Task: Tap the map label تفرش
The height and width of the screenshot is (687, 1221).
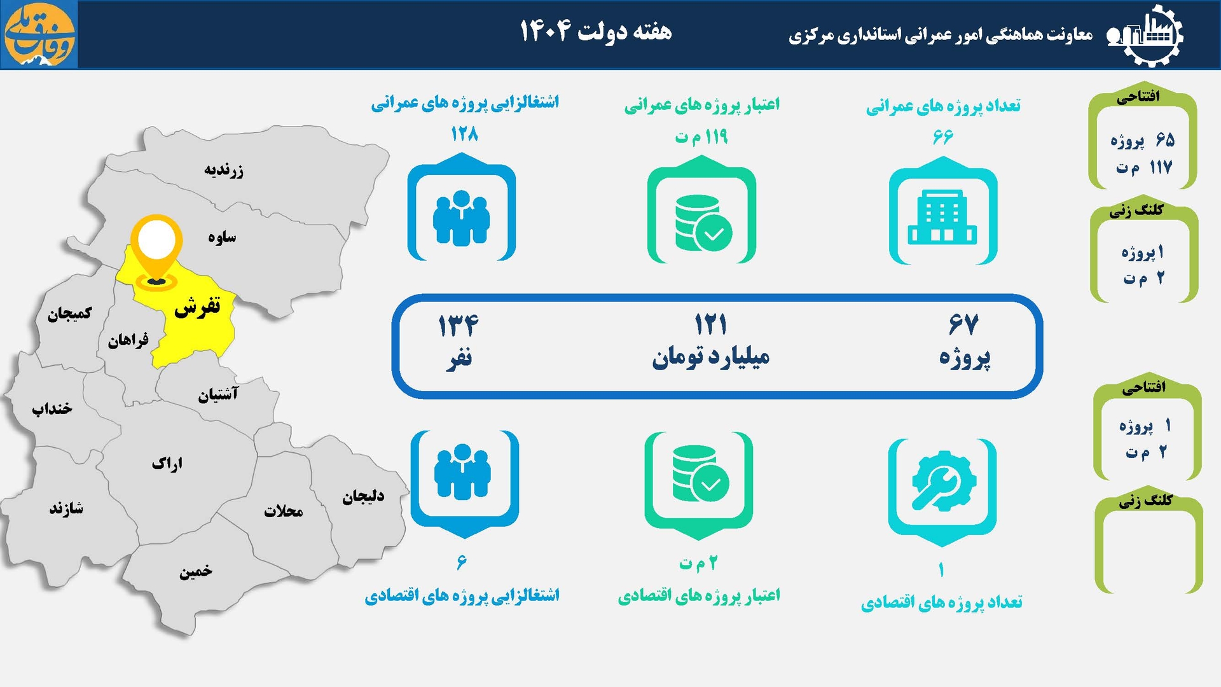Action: pos(197,307)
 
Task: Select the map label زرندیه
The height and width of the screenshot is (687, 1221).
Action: pos(223,170)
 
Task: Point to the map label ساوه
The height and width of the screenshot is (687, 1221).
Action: pos(222,237)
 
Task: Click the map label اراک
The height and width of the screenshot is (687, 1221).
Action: pos(167,463)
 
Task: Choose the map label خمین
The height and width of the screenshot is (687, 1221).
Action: pos(196,571)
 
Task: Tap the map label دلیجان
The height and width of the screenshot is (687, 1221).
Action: pos(363,496)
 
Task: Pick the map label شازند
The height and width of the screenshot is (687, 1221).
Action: pos(67,508)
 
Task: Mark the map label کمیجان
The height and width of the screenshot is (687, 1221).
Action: pos(69,313)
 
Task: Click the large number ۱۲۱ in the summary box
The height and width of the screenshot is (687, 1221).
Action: pos(710,325)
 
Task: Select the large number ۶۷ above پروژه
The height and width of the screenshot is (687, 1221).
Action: pos(963,325)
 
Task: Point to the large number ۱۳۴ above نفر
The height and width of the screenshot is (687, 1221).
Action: pos(458,325)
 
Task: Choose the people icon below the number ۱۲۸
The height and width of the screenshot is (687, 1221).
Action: pos(461,216)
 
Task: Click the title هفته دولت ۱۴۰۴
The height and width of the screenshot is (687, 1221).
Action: pos(596,31)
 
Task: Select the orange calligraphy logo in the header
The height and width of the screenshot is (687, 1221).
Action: pos(39,34)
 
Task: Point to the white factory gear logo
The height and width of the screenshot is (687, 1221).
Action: pos(1148,34)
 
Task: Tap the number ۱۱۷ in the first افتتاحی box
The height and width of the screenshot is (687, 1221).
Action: pos(1161,168)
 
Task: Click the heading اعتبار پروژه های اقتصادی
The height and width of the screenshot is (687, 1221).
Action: pos(698,596)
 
